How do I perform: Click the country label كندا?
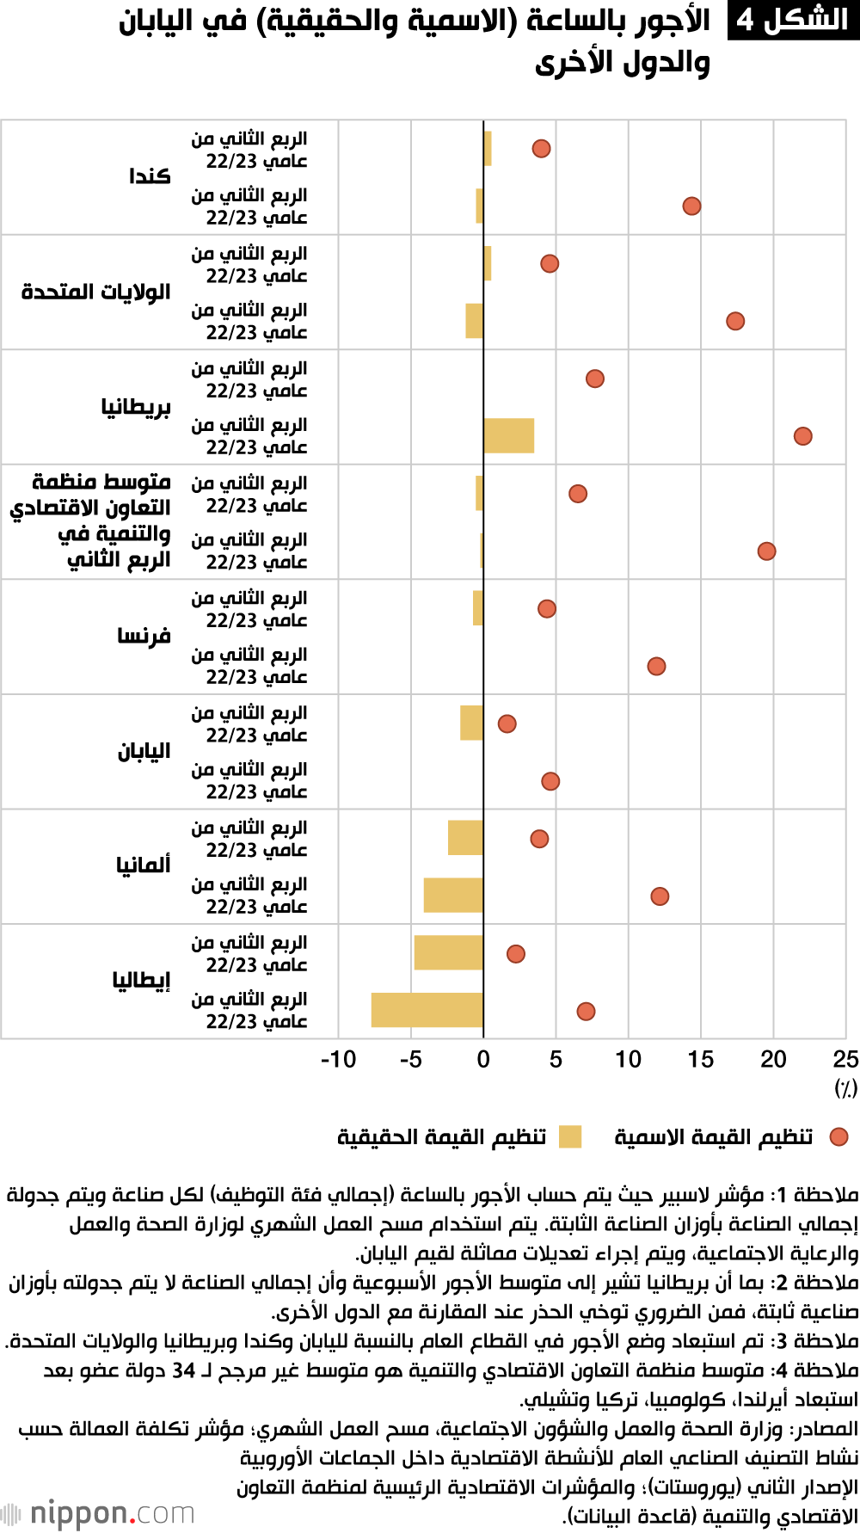(150, 176)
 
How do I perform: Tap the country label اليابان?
(144, 751)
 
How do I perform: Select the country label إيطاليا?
(141, 980)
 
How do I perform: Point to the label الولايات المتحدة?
(95, 292)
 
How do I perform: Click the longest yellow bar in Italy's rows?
(427, 1010)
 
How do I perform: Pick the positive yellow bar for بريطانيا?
(508, 435)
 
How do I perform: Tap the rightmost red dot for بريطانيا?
(802, 436)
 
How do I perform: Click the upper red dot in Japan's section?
(507, 723)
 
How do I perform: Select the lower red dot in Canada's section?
(691, 206)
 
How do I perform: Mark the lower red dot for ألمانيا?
(660, 896)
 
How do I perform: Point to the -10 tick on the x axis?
(338, 1060)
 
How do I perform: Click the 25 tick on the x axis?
(845, 1060)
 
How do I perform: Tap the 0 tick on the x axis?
(483, 1060)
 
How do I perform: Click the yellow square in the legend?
(569, 1136)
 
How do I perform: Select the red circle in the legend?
(838, 1136)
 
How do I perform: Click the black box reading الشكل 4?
(792, 20)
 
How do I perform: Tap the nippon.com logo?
(99, 1512)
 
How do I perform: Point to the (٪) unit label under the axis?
(845, 1088)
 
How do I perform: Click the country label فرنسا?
(144, 637)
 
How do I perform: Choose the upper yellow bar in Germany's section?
(465, 838)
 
